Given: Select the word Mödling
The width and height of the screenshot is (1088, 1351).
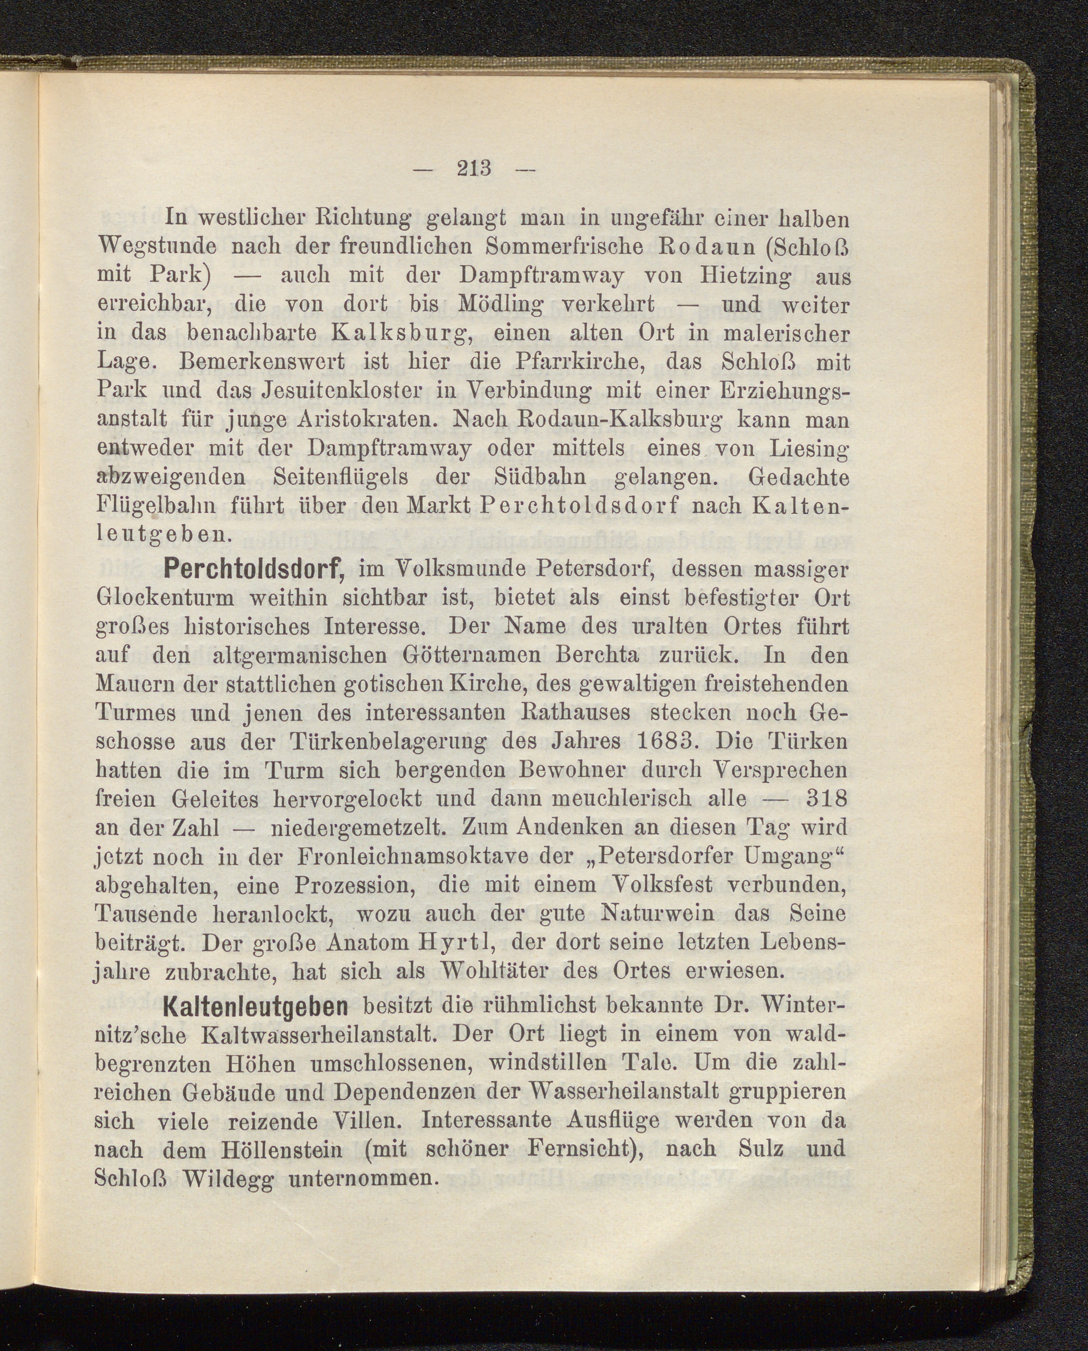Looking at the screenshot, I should pyautogui.click(x=501, y=305).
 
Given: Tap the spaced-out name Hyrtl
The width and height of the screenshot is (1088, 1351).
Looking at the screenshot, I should pyautogui.click(x=460, y=943).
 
